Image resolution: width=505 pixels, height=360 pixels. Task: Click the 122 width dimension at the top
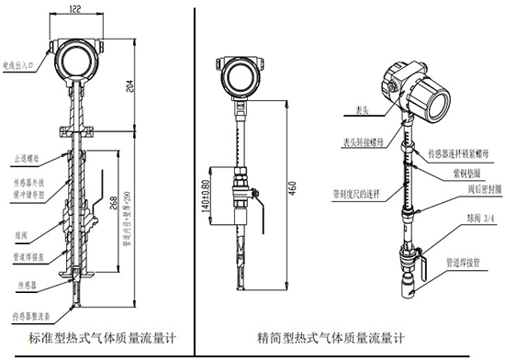coord(74,8)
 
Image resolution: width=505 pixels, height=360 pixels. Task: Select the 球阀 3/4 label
coord(454,219)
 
